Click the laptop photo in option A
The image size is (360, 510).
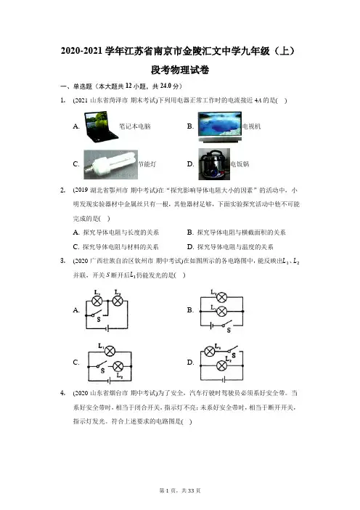point(101,126)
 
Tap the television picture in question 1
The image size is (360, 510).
point(220,126)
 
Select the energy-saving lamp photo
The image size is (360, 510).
point(110,165)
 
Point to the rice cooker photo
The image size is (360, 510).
point(214,164)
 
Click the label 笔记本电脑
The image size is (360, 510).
point(135,126)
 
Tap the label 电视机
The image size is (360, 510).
point(251,126)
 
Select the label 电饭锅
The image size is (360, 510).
point(240,164)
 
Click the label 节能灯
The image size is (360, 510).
point(147,164)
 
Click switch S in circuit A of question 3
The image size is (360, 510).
point(97,314)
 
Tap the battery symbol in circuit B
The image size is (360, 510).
point(212,325)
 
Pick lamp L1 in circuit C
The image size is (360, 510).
point(110,352)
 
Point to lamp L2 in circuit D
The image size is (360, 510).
point(221,365)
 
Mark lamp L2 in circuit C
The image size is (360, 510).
point(118,367)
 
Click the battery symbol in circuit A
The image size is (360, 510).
point(107,328)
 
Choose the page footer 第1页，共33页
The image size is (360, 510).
point(180,490)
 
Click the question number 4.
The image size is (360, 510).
point(62,393)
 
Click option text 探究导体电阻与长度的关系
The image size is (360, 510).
point(121,232)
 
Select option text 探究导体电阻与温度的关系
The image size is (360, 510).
point(235,247)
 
